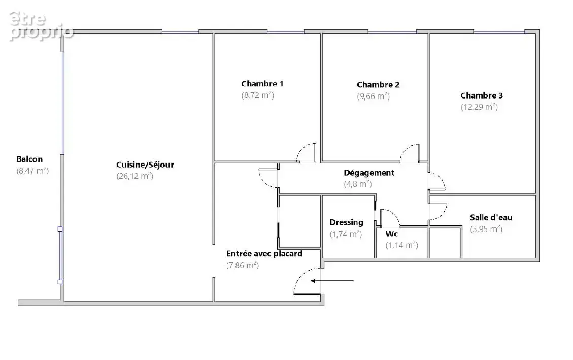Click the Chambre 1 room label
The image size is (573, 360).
coord(262,84)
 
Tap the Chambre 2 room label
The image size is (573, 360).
coord(378,85)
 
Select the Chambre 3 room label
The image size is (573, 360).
coord(482,96)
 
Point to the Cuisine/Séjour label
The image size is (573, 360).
coord(145,165)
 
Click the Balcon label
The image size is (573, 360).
coord(29,159)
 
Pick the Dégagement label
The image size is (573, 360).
coord(369,173)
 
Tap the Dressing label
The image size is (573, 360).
coord(347,222)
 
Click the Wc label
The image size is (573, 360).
coord(392,234)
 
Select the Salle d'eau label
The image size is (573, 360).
coord(491,217)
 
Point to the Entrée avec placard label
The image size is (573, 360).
coord(264,254)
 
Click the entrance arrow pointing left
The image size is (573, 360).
coord(332,281)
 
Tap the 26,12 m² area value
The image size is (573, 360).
coord(135,176)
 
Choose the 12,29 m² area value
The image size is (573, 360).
coord(479,107)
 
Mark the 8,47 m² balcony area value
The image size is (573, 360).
coord(32,171)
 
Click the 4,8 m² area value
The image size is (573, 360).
coord(358,184)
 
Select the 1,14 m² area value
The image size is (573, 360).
coord(401,245)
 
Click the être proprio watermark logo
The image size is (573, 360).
coord(41,25)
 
